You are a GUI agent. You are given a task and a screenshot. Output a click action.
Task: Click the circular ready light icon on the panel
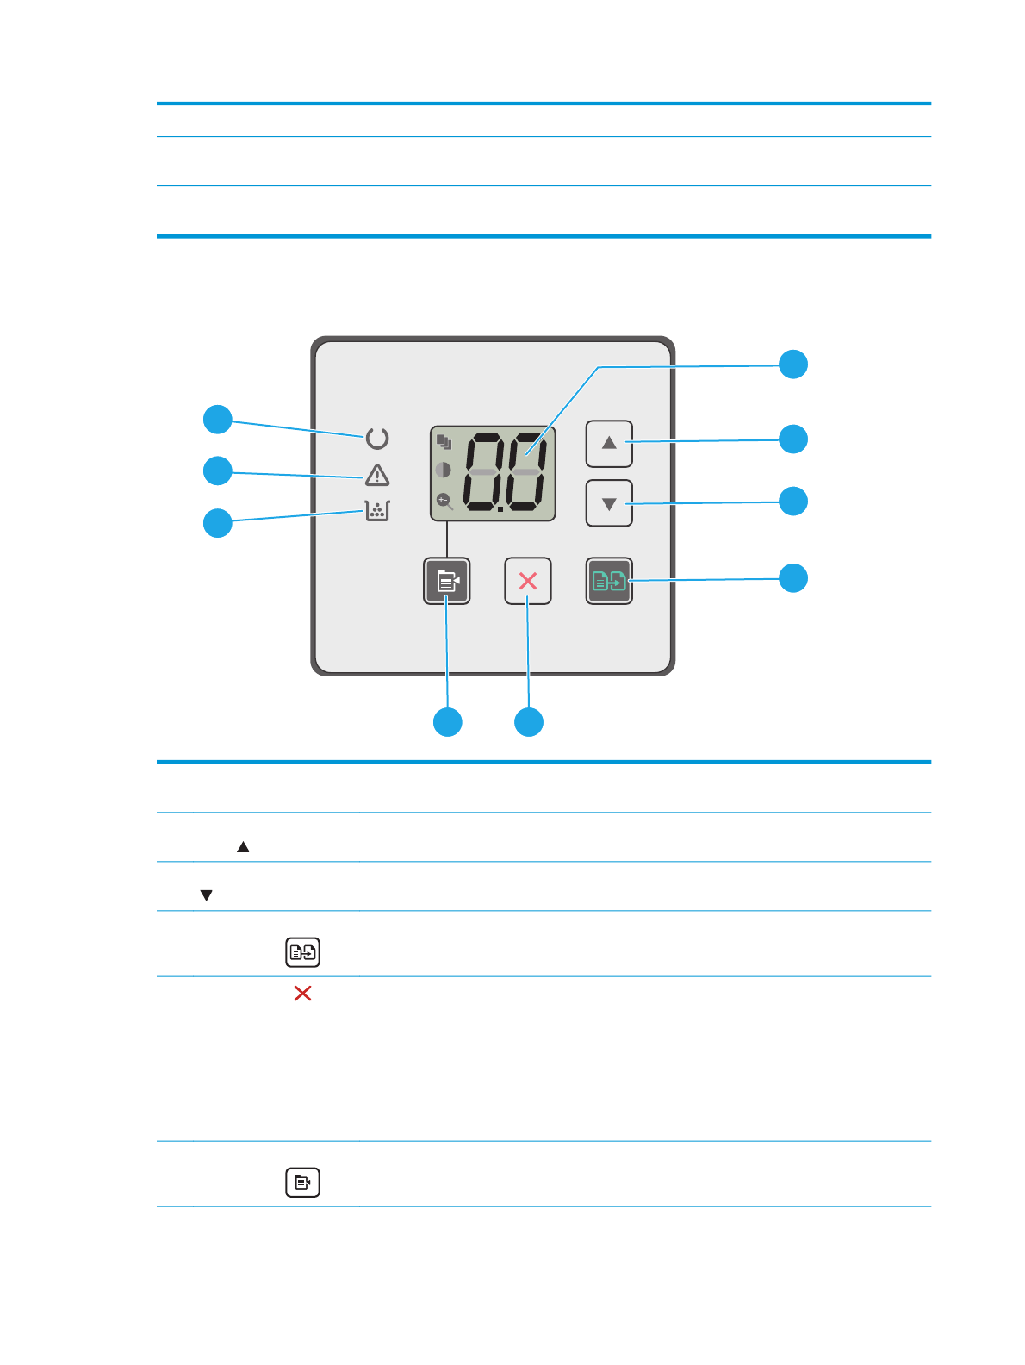[x=377, y=439]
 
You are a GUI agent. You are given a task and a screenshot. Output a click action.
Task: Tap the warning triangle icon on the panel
[x=377, y=476]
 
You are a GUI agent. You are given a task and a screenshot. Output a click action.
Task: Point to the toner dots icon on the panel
[x=377, y=511]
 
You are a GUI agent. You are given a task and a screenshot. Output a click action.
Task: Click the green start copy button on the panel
[x=609, y=582]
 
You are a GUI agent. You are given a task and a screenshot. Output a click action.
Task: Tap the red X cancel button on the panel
[x=528, y=582]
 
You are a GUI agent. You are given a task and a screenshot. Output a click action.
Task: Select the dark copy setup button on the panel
[x=447, y=582]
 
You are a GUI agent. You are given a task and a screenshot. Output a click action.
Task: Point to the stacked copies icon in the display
[x=444, y=443]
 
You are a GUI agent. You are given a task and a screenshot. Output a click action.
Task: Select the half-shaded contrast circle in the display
[x=444, y=471]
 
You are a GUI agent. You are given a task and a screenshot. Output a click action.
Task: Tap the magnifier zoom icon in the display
[x=444, y=501]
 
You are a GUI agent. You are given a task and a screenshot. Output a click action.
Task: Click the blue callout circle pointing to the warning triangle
[x=218, y=471]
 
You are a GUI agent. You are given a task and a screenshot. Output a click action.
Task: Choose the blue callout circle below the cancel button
[x=529, y=722]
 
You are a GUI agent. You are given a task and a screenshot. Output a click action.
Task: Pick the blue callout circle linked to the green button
[x=793, y=577]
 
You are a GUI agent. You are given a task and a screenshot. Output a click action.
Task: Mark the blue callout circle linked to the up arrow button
[x=793, y=439]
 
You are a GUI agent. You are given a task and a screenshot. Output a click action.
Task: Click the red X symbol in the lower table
[x=302, y=994]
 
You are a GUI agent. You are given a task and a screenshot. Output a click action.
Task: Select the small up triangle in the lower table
[x=243, y=847]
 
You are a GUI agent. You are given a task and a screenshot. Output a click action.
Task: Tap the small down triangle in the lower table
[x=206, y=895]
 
